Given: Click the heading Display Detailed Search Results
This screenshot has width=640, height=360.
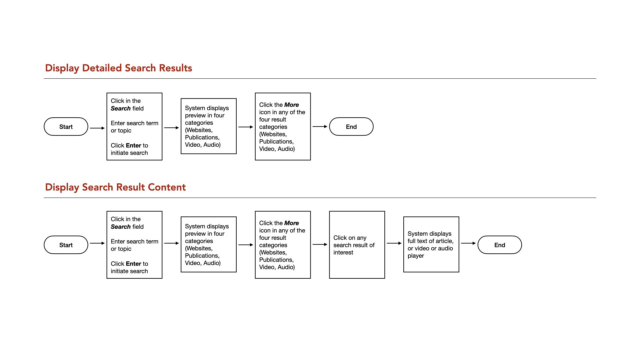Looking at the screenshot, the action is pos(119,68).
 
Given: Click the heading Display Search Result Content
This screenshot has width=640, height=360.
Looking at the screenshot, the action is pos(115,187).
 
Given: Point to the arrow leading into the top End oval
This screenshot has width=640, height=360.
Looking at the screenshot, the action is pos(320,127).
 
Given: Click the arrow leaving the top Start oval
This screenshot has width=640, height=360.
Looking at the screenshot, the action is pos(97,128).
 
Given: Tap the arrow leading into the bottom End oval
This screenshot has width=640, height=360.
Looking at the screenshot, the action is pos(468,243).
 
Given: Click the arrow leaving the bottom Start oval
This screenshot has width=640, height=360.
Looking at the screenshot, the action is pos(97,243).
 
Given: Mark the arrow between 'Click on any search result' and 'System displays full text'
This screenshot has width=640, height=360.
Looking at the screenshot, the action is pos(394,243).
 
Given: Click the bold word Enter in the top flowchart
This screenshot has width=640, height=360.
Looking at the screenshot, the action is pos(134,145).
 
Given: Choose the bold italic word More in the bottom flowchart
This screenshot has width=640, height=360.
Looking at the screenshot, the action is pos(292,223).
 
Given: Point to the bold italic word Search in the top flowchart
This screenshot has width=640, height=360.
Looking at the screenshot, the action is pos(121,108).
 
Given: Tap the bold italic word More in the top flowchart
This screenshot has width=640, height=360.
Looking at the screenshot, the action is pos(292,105).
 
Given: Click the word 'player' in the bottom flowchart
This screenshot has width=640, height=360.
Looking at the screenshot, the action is pos(416,256).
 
